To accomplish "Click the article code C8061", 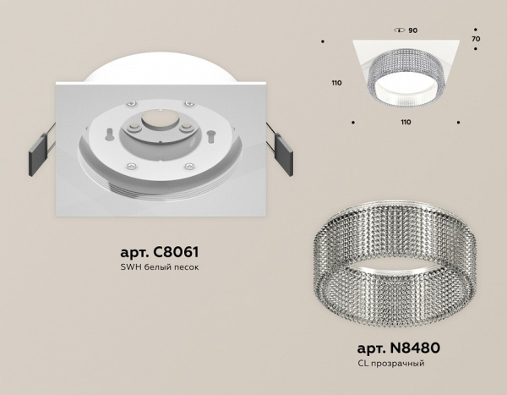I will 158,253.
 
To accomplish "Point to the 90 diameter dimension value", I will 413,30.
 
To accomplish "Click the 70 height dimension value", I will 475,39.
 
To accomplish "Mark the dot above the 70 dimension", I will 477,26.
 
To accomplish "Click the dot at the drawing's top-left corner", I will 324,40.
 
